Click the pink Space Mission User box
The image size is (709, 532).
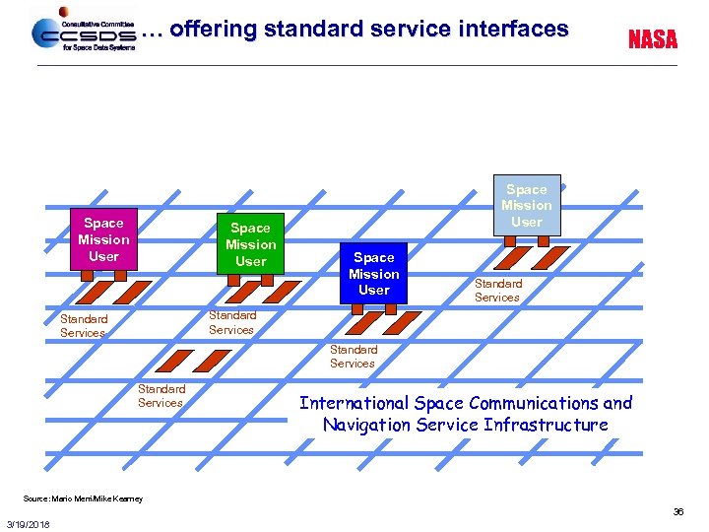103,239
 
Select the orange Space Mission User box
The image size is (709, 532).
250,244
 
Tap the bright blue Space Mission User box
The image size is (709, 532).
374,273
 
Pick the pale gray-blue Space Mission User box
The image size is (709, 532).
527,205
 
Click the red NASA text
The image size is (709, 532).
653,39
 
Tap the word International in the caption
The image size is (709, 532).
354,403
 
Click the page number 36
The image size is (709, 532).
677,512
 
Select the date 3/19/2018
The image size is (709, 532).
29,523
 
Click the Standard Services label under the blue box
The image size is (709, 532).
353,357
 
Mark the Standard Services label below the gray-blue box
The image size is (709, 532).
497,291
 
